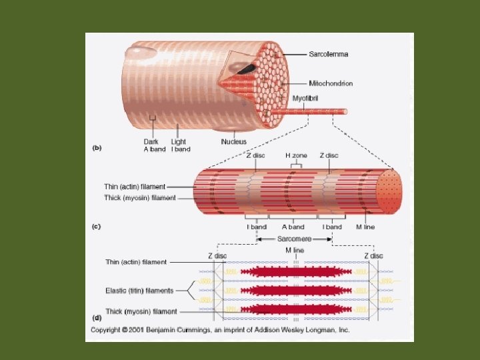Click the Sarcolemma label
(328, 54)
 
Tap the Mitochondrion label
(331, 83)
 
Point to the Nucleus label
(234, 141)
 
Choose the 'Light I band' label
(180, 145)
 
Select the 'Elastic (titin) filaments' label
(139, 291)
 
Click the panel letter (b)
(96, 148)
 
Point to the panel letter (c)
(96, 227)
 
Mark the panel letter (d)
(96, 319)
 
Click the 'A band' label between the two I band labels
(294, 227)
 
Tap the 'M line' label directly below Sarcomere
(294, 250)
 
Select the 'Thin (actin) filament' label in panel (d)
(136, 262)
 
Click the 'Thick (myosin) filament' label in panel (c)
(140, 198)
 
